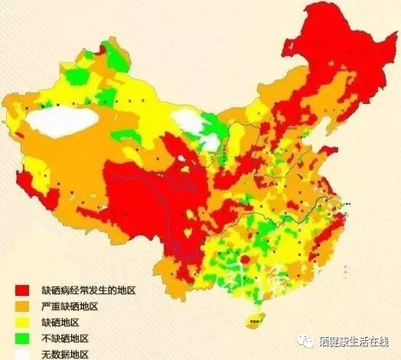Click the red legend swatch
[22, 290]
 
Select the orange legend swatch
[22, 306]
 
